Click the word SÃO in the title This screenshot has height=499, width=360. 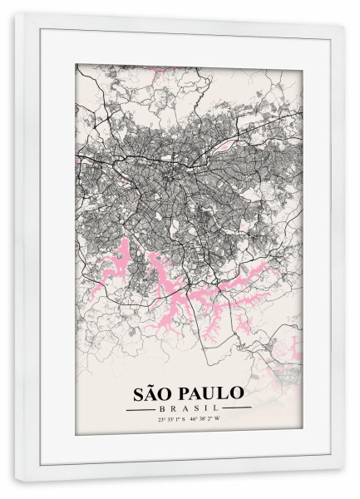pyautogui.click(x=152, y=392)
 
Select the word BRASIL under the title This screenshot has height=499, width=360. pyautogui.click(x=188, y=408)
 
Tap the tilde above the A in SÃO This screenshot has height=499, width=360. pyautogui.click(x=153, y=383)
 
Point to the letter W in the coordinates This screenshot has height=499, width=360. pyautogui.click(x=219, y=420)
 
